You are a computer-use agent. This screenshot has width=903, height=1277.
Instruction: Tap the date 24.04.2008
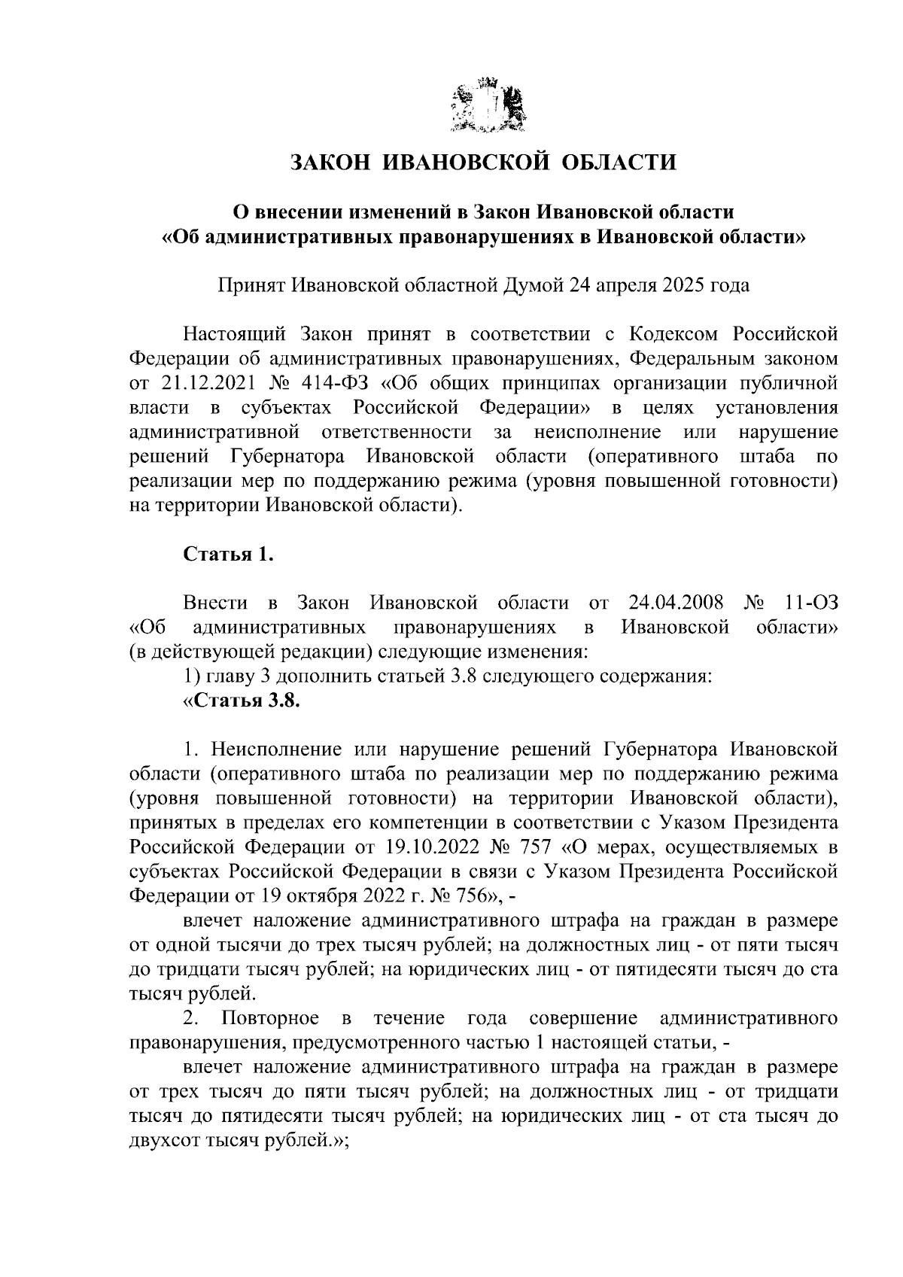(x=674, y=603)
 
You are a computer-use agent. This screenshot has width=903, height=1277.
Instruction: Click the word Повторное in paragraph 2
(x=270, y=1019)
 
